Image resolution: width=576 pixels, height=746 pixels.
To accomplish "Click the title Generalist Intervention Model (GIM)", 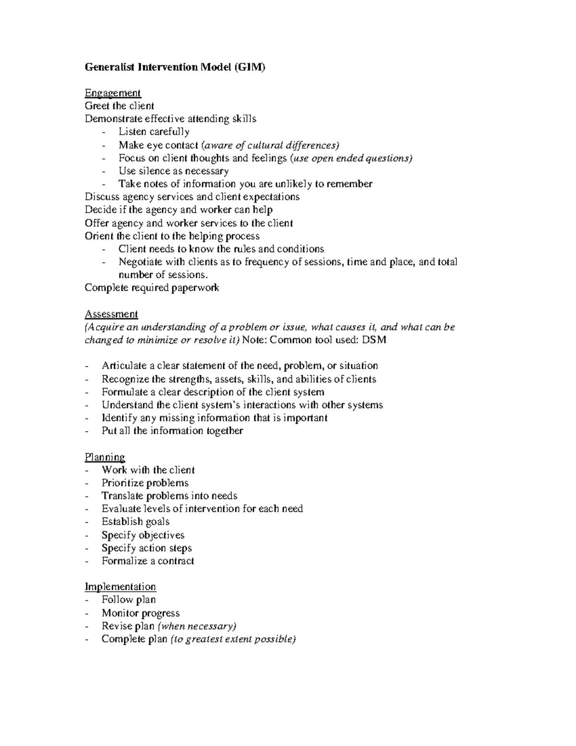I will pos(175,67).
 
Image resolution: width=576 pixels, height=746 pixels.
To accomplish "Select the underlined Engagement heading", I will pos(113,93).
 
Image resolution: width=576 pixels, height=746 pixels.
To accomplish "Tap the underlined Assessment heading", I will pos(111,314).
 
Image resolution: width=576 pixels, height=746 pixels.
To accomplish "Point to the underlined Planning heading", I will pos(105,457).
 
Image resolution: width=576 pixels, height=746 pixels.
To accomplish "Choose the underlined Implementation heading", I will pos(120,587).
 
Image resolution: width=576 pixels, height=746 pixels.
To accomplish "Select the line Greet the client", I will pos(120,106).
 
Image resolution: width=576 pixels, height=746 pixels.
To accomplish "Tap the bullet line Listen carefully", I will pos(154,132).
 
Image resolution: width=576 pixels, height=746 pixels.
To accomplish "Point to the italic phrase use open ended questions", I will pos(352,158).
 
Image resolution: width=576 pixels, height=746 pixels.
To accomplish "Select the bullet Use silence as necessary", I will pos(173,171).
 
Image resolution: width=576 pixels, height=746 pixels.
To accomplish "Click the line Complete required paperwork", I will pos(152,288).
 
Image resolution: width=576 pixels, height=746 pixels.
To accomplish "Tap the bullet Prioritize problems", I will pos(145,483).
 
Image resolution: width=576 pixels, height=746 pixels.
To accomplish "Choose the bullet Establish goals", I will pos(135,522).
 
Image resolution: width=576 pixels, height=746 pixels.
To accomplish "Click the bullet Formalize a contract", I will pos(148,561).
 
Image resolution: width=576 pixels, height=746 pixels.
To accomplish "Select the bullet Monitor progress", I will pos(141,613).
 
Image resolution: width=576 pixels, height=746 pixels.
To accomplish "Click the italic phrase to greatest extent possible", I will pos(234,639).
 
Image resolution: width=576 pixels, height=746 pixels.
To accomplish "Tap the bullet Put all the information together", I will pos(172,431).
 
